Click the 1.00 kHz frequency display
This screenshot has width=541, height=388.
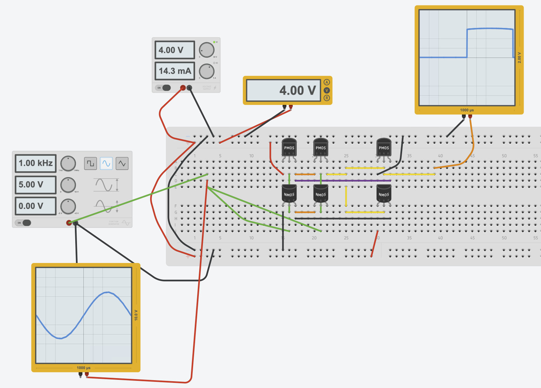point(35,163)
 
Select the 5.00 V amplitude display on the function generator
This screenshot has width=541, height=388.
point(35,185)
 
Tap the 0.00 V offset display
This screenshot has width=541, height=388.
point(35,206)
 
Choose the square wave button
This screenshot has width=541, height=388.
point(91,164)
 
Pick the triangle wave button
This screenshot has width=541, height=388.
point(122,164)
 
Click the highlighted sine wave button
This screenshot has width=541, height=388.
point(106,164)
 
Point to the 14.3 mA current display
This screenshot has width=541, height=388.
point(175,71)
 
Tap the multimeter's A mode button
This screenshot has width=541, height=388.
point(327,82)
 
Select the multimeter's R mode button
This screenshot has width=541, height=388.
point(327,98)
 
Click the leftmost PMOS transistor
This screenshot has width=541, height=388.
point(289,147)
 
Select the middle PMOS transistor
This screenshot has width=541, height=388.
point(320,147)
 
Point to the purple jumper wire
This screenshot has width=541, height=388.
point(342,181)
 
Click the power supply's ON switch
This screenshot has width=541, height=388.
point(163,88)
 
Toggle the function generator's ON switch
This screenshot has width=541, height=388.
point(23,223)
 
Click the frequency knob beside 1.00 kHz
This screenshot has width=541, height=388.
point(68,164)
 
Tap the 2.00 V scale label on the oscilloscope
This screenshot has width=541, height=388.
point(519,58)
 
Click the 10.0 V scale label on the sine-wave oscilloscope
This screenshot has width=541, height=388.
point(136,315)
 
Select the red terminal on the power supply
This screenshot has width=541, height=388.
point(183,88)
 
